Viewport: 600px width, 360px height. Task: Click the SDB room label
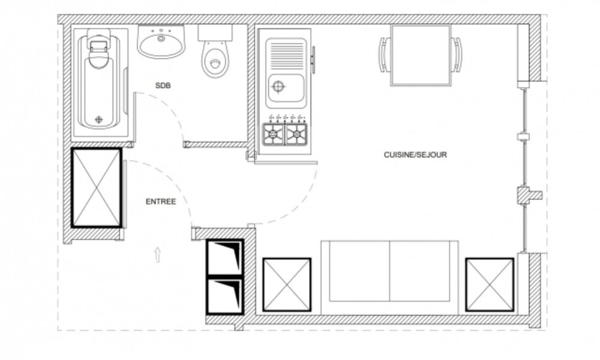[x=163, y=85]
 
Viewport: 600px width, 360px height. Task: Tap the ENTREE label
[x=161, y=202]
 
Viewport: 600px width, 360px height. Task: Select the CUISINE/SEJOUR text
[x=415, y=155]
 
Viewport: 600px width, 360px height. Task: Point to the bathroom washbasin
[x=161, y=42]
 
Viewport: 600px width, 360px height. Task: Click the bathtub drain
[x=99, y=119]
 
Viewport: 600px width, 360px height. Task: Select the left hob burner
[x=273, y=134]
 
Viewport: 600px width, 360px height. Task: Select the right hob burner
[x=296, y=134]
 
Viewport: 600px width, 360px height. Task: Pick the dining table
[x=421, y=55]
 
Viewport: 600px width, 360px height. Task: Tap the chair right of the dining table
[x=457, y=55]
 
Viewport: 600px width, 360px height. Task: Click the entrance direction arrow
[x=157, y=254]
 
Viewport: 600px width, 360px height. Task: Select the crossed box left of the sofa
[x=287, y=284]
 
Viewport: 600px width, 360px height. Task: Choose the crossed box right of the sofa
[x=490, y=284]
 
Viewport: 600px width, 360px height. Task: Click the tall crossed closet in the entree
[x=97, y=188]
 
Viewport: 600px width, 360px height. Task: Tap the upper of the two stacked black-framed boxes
[x=225, y=257]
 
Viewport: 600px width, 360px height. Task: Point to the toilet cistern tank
[x=215, y=33]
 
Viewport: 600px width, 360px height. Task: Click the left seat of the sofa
[x=359, y=271]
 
